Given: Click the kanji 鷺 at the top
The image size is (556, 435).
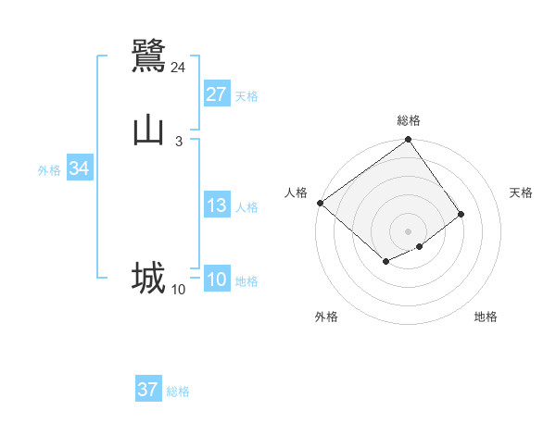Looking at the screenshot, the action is [149, 56].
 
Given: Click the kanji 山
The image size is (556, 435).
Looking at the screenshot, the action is [149, 130].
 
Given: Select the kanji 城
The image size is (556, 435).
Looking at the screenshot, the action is [148, 278].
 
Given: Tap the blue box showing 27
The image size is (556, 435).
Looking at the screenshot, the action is [217, 94].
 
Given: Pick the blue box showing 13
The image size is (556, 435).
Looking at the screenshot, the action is [217, 205].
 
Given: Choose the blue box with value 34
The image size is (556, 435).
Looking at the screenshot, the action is [79, 168].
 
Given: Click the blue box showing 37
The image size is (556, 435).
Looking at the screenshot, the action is [148, 390].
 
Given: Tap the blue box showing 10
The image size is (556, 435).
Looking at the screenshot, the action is [217, 280].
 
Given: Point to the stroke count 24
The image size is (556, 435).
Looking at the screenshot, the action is [178, 68].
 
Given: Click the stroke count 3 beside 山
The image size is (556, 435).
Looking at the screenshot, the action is [178, 142].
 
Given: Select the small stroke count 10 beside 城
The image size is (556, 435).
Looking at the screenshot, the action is [178, 290].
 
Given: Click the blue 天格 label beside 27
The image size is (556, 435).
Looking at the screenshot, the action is [246, 96].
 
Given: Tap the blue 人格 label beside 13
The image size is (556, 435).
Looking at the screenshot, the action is [246, 207].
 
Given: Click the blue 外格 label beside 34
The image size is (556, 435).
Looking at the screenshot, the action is [49, 170].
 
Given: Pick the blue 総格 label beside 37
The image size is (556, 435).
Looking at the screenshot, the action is [178, 391].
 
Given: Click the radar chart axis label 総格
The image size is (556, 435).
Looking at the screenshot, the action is [409, 120].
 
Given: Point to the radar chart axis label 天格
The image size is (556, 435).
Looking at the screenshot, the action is [521, 193].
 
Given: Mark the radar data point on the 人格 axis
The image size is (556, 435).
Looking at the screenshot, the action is [320, 203].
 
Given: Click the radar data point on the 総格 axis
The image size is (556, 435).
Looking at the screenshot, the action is [409, 142].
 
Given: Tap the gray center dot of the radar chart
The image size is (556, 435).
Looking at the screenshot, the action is [409, 230].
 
